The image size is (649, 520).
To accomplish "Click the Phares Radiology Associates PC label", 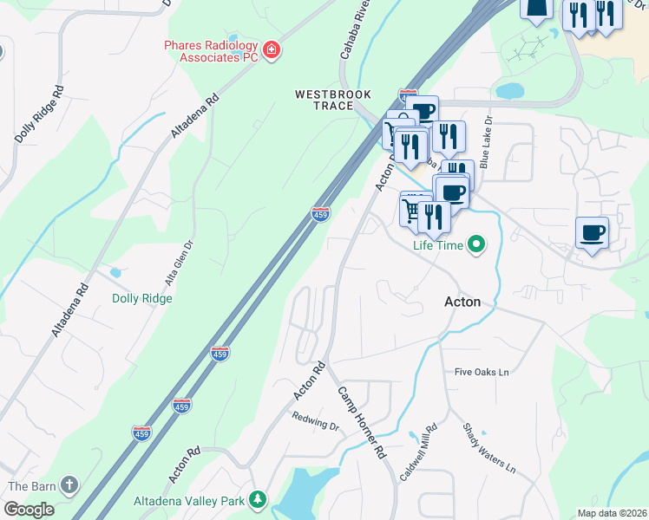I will click(x=212, y=51).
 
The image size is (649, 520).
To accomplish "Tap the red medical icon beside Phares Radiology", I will click(x=272, y=51).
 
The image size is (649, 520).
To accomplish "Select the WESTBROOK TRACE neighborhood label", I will click(x=332, y=100).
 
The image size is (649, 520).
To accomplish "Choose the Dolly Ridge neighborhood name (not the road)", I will click(x=142, y=298).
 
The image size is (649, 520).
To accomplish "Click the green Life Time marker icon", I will click(x=475, y=245).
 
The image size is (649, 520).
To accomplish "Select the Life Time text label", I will click(x=438, y=246).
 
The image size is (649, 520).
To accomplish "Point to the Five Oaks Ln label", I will click(x=481, y=372).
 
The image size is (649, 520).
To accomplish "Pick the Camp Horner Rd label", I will click(x=361, y=422).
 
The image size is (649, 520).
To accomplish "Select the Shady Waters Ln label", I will click(x=488, y=448).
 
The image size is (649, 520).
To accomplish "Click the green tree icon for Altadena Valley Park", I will click(x=257, y=500).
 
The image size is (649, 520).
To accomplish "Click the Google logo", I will click(x=29, y=510).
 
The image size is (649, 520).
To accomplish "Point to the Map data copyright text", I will click(x=613, y=513).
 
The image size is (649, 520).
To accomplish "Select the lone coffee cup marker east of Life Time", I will click(x=592, y=232).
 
